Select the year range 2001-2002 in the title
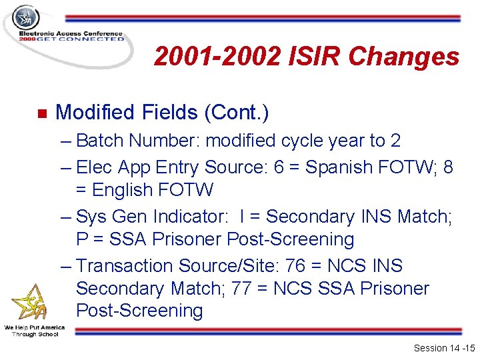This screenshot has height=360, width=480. click(216, 57)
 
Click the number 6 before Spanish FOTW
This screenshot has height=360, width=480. click(279, 167)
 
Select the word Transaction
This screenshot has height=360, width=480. click(125, 266)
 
